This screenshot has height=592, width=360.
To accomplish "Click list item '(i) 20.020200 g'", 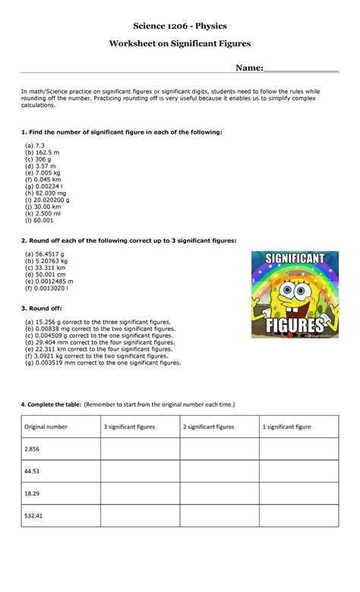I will (x=52, y=200).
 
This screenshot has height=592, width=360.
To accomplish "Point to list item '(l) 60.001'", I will (x=39, y=221).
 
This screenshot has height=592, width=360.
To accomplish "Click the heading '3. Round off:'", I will (x=41, y=308).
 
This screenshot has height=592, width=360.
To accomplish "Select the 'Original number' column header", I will (x=46, y=427).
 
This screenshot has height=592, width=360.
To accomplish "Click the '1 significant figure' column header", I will (x=287, y=427).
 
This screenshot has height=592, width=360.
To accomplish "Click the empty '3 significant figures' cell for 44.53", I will (x=140, y=471).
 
